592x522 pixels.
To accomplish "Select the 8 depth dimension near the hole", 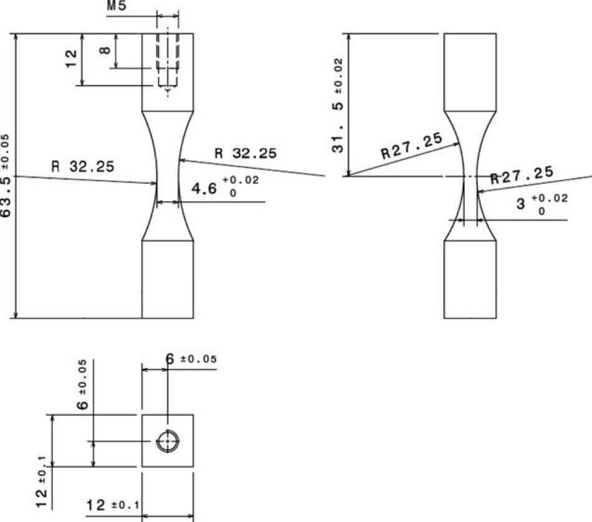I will click(106, 47).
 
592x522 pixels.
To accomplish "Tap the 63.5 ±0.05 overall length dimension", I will click(6, 176).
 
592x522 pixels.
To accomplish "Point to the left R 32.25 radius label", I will click(83, 167).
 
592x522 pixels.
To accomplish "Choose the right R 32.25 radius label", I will click(246, 153).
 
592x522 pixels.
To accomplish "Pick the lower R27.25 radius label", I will click(522, 174).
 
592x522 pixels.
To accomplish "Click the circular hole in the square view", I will click(168, 441).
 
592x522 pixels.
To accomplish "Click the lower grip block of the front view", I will click(168, 279).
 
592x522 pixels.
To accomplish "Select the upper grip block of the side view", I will click(470, 72).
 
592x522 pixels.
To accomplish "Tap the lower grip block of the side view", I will click(470, 279).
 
